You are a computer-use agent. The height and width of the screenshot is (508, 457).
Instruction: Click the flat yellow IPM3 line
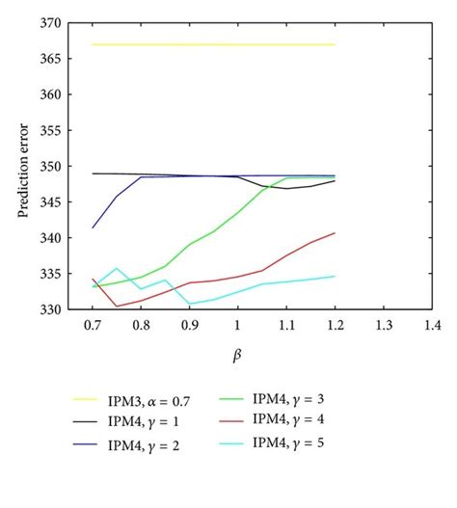(212, 44)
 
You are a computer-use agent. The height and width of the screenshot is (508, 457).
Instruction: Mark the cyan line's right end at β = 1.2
(335, 277)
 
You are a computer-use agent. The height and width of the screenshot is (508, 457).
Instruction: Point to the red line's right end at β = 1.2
(335, 233)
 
